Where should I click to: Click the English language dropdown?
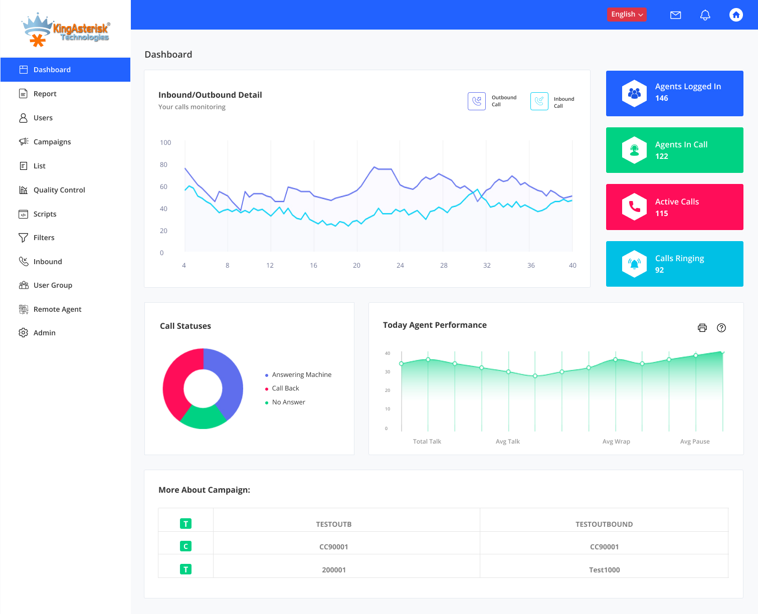click(x=627, y=15)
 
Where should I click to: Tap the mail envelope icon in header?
click(x=675, y=15)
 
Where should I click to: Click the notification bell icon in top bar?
click(x=705, y=15)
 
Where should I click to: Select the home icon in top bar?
click(x=735, y=15)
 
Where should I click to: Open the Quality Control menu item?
click(x=59, y=190)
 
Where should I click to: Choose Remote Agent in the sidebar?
click(x=57, y=309)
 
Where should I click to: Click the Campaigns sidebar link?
click(x=52, y=142)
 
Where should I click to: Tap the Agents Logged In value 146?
click(x=661, y=98)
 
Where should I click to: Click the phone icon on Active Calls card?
click(x=634, y=207)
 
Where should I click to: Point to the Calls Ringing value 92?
click(x=659, y=270)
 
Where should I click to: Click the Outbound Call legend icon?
click(x=476, y=101)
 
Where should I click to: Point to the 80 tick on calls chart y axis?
click(x=163, y=164)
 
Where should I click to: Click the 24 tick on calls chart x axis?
click(x=400, y=266)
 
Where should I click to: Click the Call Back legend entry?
click(x=285, y=388)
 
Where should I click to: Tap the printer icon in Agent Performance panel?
click(x=702, y=328)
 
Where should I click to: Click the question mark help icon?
click(x=721, y=328)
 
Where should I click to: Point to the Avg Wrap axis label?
click(x=616, y=442)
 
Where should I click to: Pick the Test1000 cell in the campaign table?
click(x=604, y=570)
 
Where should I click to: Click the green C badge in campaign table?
click(x=185, y=546)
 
